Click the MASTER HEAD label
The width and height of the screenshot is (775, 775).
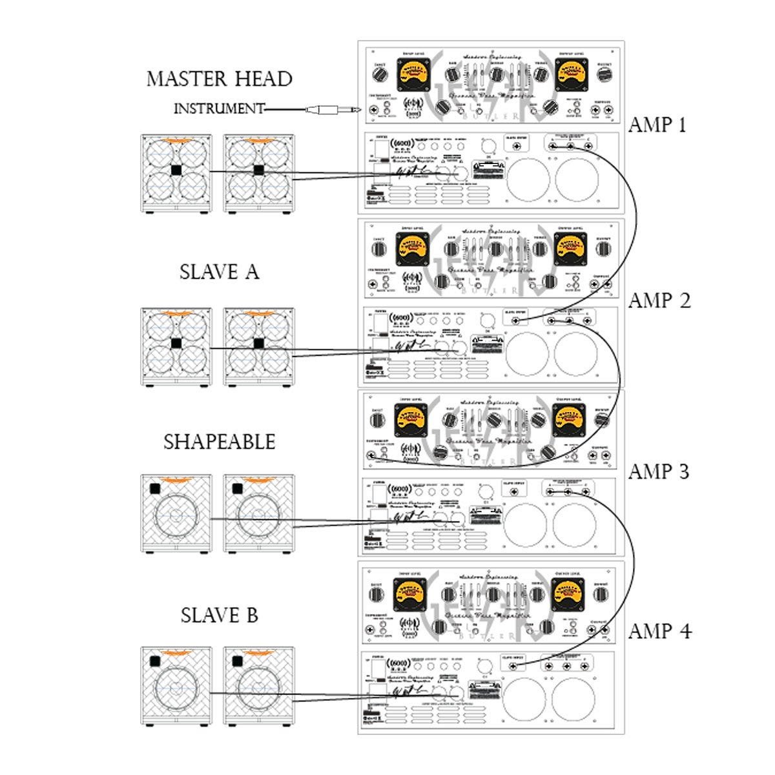219,79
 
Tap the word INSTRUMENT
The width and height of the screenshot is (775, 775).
219,109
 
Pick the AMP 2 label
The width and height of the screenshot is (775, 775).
659,300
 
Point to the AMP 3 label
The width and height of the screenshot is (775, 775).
659,471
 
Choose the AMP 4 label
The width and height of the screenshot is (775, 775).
659,631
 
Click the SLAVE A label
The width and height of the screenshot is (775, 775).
219,272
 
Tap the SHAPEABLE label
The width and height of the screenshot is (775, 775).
219,442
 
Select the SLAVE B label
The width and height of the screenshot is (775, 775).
219,615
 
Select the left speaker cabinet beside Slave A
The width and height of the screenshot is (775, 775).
176,347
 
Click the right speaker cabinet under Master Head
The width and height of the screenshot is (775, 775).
259,173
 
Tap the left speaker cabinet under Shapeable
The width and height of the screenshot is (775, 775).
176,514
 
